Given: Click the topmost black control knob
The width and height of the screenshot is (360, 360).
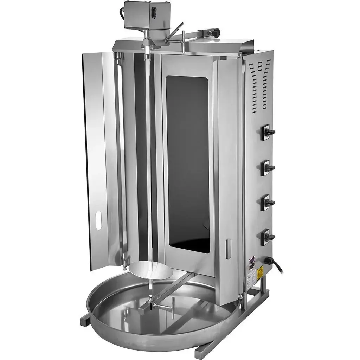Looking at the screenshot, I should coord(269,132).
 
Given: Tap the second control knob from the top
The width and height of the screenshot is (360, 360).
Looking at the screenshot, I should coord(269,168).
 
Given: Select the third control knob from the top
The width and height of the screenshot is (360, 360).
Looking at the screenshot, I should coord(269,203).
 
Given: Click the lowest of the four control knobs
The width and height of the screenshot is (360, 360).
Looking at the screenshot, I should coord(269,237).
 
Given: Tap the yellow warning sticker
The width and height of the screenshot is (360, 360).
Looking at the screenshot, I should coord(260,273).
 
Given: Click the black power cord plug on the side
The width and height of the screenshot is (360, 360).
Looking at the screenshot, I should coord(269,261).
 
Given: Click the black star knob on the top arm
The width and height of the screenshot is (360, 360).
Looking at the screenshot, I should coord(215,32).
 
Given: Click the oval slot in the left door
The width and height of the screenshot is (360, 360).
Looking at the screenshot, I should coord(98,221).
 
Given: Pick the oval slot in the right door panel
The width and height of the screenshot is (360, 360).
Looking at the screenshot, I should coord(229,249).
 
